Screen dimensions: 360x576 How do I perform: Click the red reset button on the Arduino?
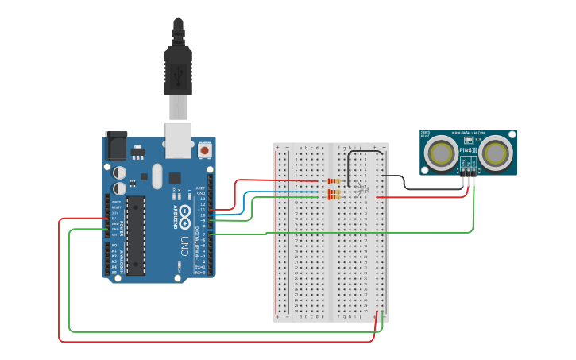click(x=205, y=149)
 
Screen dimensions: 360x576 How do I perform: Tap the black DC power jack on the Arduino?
click(x=116, y=146)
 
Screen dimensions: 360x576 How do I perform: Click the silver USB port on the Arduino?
click(x=179, y=138)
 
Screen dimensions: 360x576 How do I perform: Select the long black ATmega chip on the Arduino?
click(x=136, y=234)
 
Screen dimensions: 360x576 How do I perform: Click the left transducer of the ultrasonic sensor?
click(x=440, y=153)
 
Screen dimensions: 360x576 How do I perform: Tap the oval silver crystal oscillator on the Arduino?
click(x=157, y=176)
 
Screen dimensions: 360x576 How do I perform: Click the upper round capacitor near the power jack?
click(x=119, y=172)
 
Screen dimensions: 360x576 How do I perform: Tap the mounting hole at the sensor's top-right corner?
click(x=512, y=135)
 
